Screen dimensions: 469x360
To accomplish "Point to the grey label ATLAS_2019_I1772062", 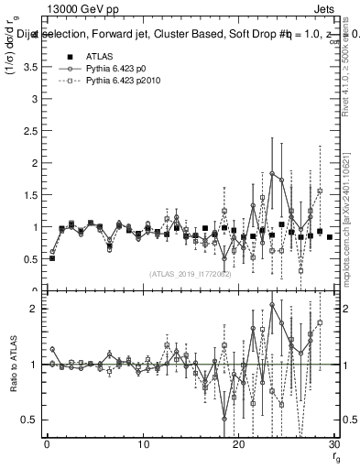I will point(191,273).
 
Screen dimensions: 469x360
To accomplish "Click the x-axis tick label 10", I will point(142,445).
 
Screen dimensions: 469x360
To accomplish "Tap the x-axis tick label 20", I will point(238,445).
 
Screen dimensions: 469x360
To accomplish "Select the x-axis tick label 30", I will point(334,445).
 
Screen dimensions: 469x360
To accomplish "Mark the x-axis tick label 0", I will point(47,445).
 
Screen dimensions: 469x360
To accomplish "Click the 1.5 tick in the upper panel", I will point(33,195).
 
